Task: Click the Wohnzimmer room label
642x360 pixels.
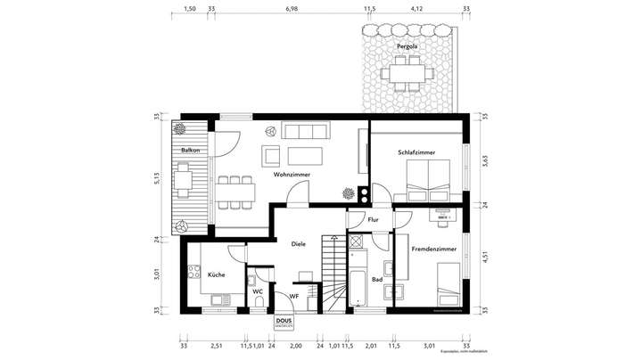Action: coord(292,176)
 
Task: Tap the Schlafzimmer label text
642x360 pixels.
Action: coord(416,153)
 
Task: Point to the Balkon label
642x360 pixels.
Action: coord(189,151)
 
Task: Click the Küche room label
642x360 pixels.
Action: coord(216,275)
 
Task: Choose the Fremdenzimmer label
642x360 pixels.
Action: coord(433,250)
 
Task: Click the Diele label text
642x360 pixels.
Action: coord(299,243)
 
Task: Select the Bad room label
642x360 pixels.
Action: coord(377,279)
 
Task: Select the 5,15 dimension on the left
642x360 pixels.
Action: coord(155,177)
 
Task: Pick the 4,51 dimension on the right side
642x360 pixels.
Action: coord(486,258)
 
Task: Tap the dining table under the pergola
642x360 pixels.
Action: coord(408,70)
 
